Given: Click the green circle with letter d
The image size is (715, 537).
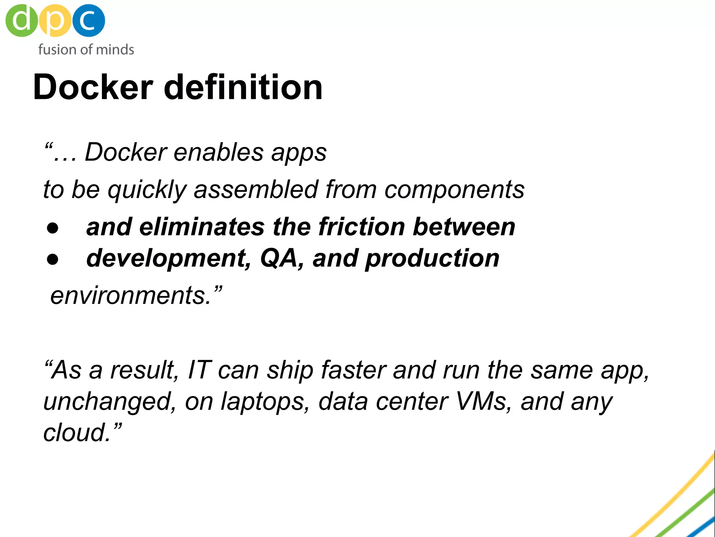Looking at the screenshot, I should (x=21, y=20).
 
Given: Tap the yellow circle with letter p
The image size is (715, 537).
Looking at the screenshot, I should (x=55, y=20).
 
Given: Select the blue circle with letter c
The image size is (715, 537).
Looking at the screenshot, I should (x=88, y=20).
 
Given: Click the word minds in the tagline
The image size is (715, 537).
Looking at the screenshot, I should (x=115, y=50).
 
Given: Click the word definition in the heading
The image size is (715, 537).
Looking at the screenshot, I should (x=243, y=87).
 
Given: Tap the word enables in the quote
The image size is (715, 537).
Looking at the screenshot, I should (x=219, y=152).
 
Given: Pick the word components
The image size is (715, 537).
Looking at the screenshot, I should (x=454, y=190).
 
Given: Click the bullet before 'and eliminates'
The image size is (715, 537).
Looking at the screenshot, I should (x=53, y=228).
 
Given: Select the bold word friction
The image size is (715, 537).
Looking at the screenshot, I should (x=362, y=227).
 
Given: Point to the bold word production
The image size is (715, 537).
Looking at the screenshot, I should (x=432, y=259).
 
